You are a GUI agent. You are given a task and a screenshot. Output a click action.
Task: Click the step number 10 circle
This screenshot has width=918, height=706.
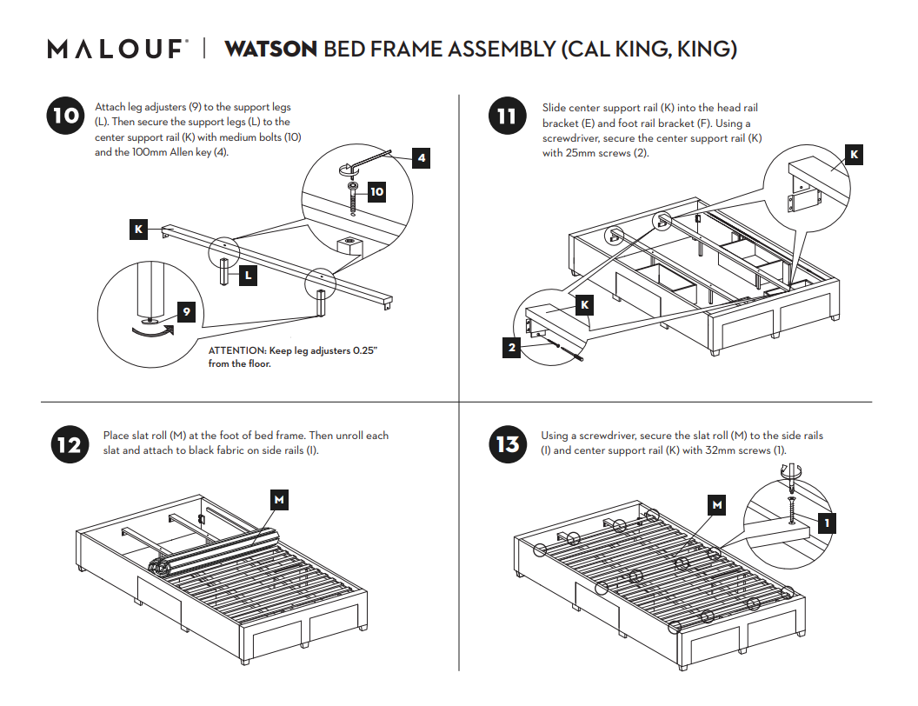coord(64,117)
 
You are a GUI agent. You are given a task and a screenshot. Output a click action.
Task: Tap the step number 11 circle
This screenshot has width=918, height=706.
coord(507,117)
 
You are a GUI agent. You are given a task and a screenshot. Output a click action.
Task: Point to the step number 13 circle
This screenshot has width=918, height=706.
coord(508,445)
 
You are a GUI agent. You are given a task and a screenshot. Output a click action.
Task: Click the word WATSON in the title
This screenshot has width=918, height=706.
coord(270,49)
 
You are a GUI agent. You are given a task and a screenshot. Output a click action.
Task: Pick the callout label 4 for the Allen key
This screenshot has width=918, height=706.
coord(421,158)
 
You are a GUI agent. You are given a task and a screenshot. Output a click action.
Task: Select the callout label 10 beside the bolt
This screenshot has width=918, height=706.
coord(376,192)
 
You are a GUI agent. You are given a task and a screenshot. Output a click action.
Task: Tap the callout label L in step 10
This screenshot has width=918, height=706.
coord(248,276)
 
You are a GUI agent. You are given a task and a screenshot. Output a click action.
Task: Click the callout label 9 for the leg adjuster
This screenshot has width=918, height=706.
coord(186,312)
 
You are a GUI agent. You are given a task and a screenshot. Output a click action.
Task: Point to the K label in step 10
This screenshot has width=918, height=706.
coord(138,230)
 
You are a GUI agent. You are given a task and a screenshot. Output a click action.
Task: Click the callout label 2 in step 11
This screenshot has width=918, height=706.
coord(513,350)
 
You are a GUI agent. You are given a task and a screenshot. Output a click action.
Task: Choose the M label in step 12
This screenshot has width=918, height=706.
coord(279,500)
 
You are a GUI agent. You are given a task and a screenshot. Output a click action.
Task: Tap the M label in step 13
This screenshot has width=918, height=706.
coord(717,504)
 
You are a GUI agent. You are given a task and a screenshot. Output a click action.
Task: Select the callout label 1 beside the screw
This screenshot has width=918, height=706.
coord(827,523)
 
